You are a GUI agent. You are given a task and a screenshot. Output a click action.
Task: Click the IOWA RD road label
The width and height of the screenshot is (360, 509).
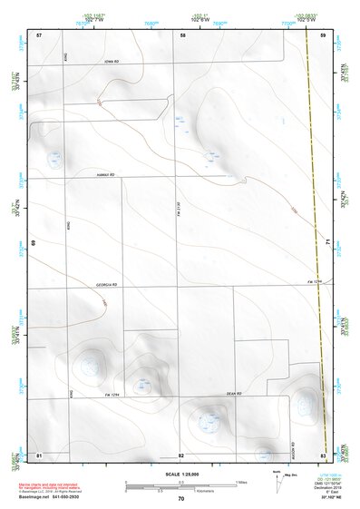pyautogui.click(x=110, y=61)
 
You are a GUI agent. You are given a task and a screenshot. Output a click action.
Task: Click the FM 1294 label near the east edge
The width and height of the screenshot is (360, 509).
pyautogui.click(x=314, y=282)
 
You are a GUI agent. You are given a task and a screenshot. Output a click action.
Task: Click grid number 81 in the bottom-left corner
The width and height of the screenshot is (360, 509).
pyautogui.click(x=39, y=454)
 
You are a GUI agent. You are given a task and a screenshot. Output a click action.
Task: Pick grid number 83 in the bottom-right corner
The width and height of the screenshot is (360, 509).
pyautogui.click(x=323, y=454)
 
